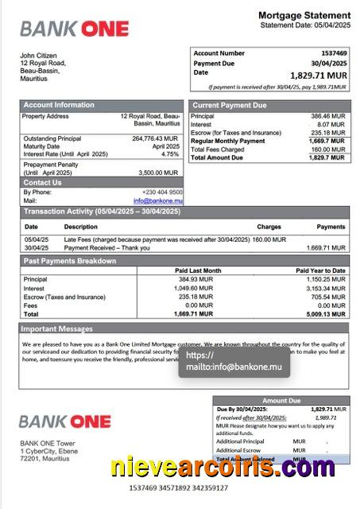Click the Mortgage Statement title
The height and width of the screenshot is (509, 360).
(304, 15)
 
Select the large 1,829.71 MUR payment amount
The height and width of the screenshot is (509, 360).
(318, 74)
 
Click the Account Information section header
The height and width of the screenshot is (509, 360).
(59, 105)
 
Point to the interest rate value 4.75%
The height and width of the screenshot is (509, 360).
(170, 154)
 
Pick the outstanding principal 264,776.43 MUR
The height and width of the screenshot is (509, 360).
(156, 138)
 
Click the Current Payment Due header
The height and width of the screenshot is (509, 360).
(230, 105)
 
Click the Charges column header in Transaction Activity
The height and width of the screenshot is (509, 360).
(269, 227)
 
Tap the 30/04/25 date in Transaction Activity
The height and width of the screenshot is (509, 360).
(36, 247)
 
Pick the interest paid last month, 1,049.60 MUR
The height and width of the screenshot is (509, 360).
(194, 288)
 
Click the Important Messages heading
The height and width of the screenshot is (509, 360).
(57, 328)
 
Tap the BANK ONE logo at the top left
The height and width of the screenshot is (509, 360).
(74, 29)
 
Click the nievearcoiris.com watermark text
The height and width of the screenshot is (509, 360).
(222, 467)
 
